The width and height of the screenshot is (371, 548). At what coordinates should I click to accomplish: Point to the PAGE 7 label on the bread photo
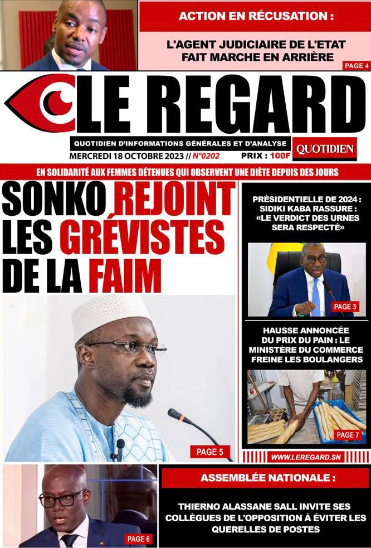pos(349,435)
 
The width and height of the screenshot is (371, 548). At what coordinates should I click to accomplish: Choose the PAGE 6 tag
pos(139,539)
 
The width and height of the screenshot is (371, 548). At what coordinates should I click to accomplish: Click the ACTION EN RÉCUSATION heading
pos(256,16)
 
